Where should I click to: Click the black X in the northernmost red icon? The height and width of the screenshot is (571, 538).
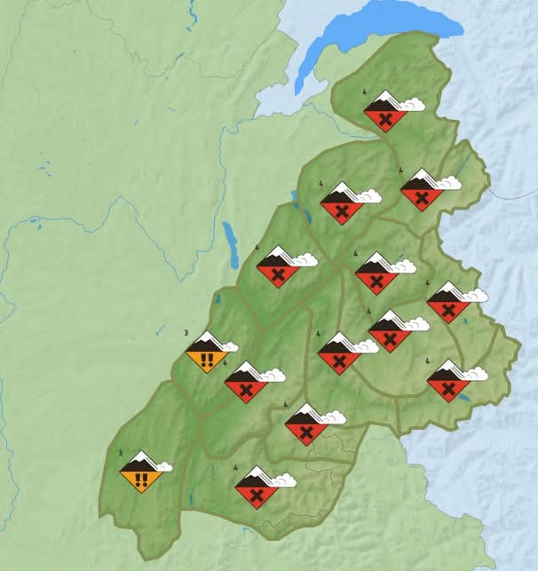[x=384, y=119]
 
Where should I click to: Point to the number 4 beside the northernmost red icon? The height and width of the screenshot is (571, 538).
[x=365, y=91]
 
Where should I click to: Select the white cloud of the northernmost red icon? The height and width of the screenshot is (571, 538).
[x=413, y=104]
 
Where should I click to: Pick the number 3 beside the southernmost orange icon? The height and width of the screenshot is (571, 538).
[x=121, y=452]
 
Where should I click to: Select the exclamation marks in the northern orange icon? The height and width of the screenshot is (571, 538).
[x=206, y=360]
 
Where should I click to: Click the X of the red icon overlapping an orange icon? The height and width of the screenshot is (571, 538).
[x=246, y=388]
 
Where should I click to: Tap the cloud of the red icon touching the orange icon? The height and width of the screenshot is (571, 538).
[x=273, y=375]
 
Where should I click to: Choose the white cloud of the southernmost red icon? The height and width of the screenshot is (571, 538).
[x=283, y=480]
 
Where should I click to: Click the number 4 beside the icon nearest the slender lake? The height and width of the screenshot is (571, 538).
[x=257, y=247]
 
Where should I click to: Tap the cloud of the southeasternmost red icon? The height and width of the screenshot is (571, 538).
[x=476, y=373]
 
